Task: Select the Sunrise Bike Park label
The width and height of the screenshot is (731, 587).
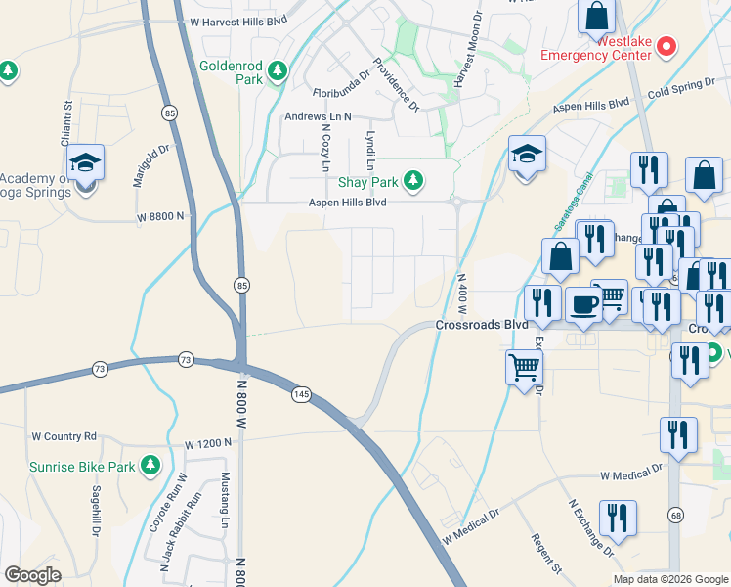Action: tap(81, 467)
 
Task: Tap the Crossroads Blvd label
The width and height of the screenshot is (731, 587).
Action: tap(482, 325)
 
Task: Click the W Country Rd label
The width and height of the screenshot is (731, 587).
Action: tap(64, 436)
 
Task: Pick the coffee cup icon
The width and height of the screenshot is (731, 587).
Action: tap(584, 303)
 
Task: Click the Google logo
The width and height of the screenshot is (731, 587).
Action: tap(32, 574)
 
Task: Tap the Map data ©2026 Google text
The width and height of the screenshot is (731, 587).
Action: tap(669, 579)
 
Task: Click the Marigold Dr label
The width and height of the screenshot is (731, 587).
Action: tap(150, 165)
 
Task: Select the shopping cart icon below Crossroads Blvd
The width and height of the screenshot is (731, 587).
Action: tap(523, 367)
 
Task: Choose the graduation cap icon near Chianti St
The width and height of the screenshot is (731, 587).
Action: tap(86, 163)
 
